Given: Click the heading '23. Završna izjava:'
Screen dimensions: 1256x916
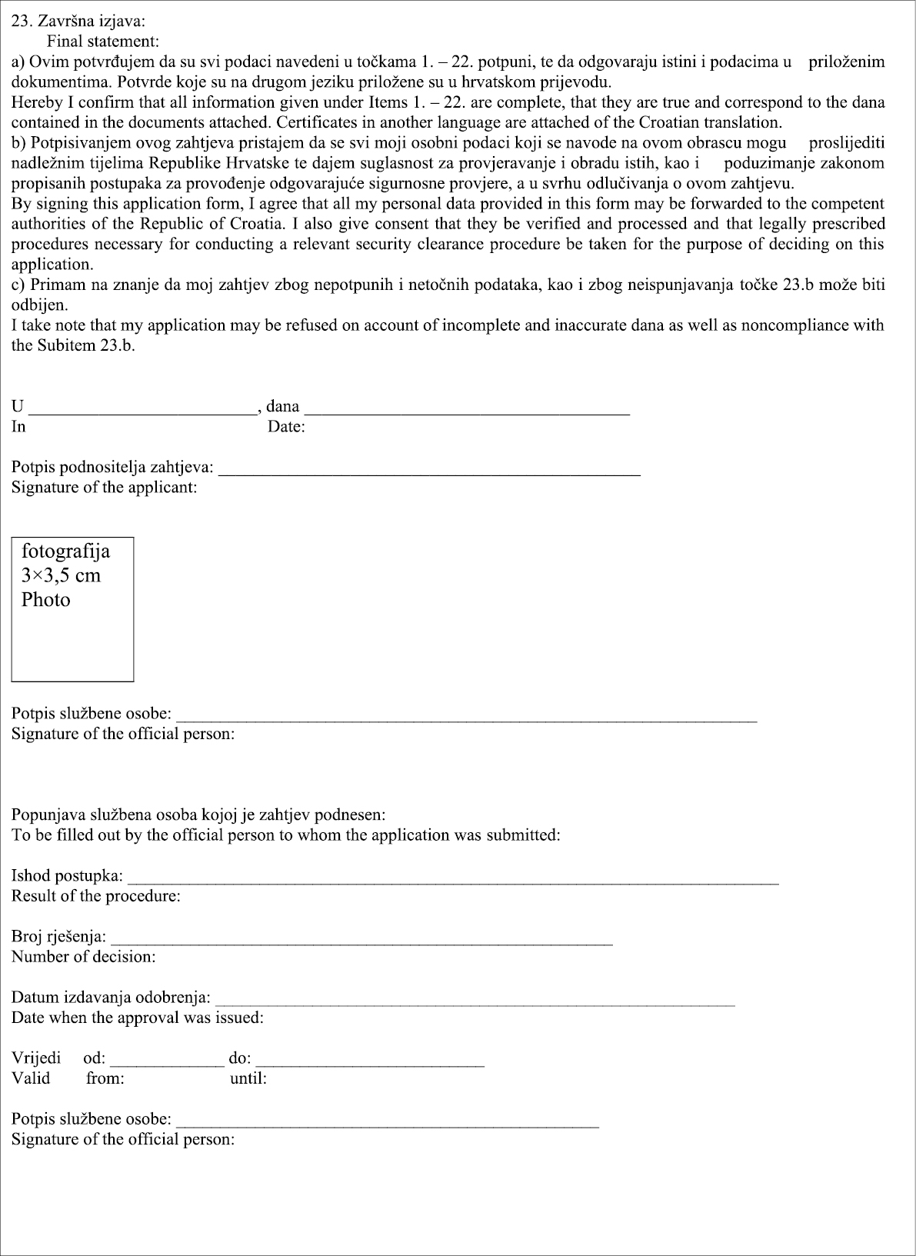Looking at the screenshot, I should click(x=72, y=22).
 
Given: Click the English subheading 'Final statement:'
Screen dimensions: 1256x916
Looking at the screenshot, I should click(x=102, y=42).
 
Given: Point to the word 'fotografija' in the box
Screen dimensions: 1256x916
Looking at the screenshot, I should click(x=65, y=551).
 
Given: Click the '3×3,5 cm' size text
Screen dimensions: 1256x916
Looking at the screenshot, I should click(x=61, y=575).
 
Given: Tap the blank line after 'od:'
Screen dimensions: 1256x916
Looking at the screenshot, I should click(x=167, y=1062).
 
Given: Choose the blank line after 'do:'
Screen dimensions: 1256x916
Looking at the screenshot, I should click(x=370, y=1062).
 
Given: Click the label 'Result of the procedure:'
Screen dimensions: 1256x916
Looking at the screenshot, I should click(x=95, y=896).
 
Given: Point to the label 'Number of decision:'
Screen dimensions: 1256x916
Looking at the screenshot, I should click(x=83, y=957).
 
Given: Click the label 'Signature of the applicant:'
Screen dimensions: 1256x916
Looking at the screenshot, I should click(x=104, y=488).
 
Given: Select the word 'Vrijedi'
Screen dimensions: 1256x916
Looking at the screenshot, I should click(x=36, y=1058).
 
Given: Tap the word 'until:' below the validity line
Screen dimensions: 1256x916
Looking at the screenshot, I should click(x=248, y=1078).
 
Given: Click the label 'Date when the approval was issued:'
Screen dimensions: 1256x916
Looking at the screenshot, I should click(x=137, y=1018).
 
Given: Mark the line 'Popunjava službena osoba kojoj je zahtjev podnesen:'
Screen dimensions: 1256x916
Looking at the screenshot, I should click(x=198, y=815).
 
